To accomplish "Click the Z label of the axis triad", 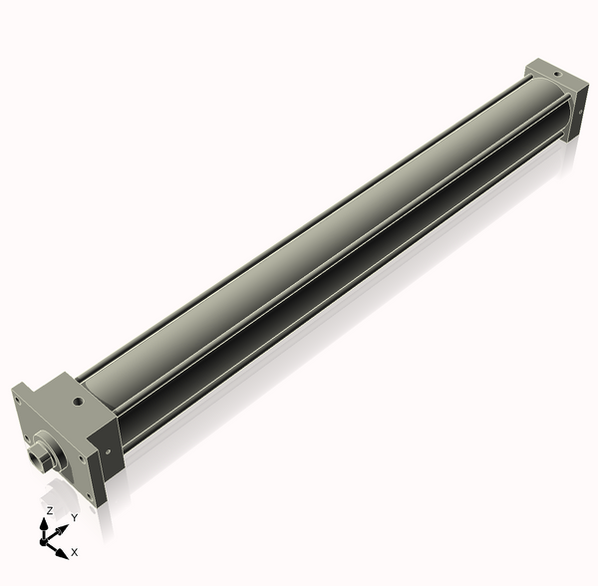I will coord(50,510).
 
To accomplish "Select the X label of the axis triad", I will coord(75,551).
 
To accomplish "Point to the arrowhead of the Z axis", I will coord(46,522).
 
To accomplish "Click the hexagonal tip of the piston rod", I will coord(41,459).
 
